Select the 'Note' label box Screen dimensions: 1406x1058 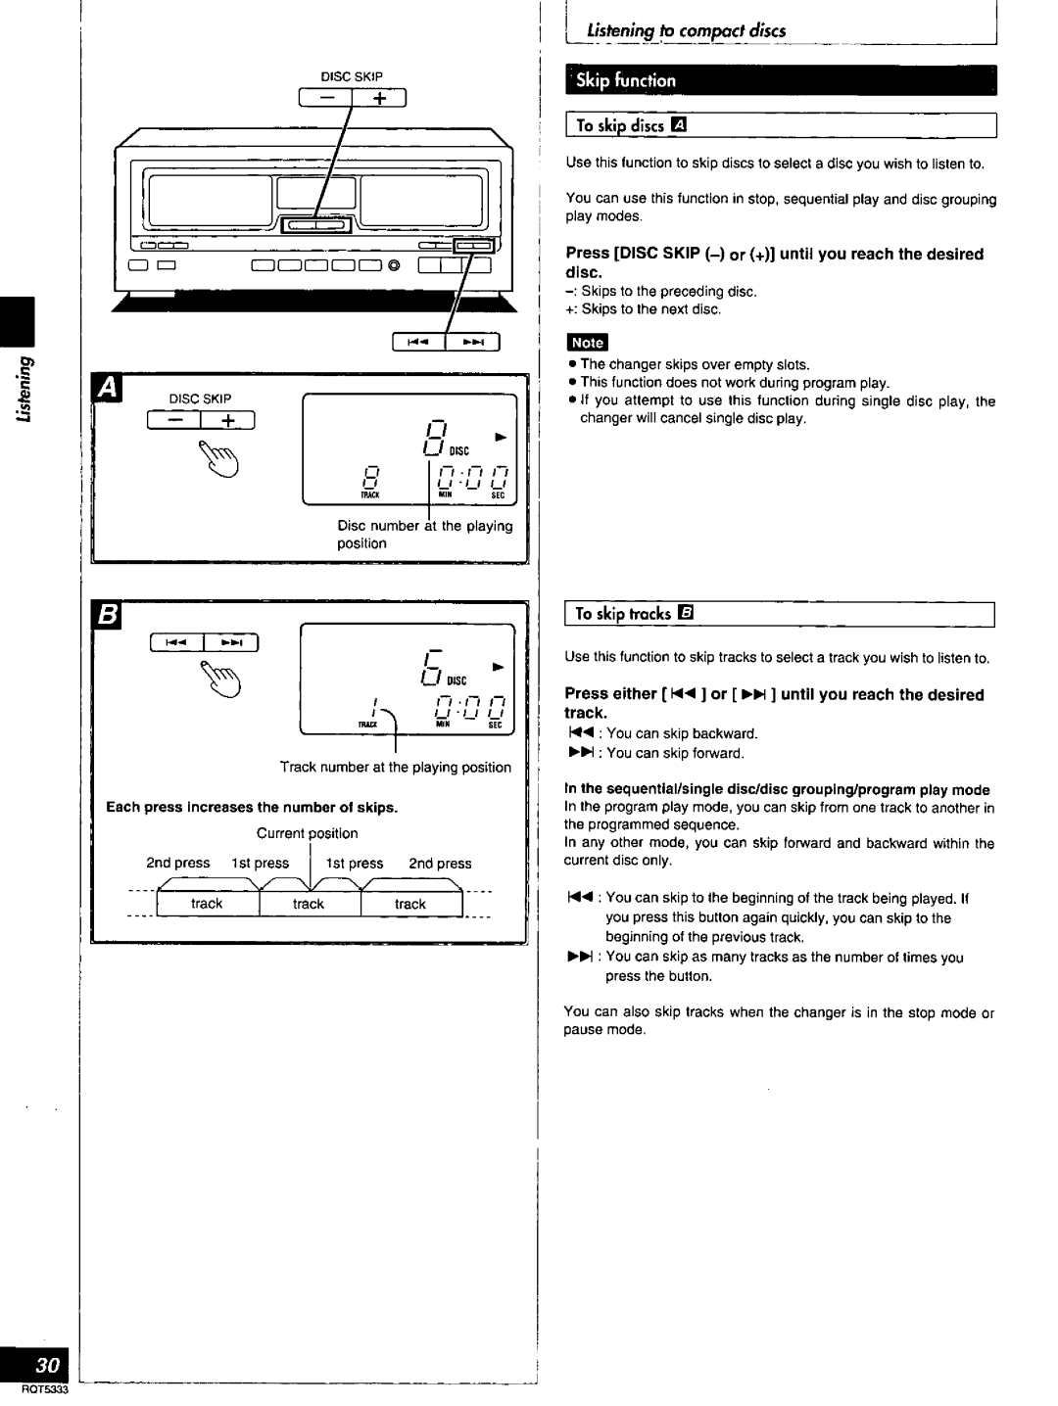click(587, 343)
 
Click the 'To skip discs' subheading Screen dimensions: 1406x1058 click(631, 125)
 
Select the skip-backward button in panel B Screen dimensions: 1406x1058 click(178, 642)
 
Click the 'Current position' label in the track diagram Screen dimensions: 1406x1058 click(307, 833)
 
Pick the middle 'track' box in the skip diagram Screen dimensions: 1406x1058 click(309, 904)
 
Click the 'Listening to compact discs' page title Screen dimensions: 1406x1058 click(686, 31)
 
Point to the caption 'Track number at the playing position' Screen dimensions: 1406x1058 click(395, 768)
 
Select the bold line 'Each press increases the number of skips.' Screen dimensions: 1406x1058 click(252, 808)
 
